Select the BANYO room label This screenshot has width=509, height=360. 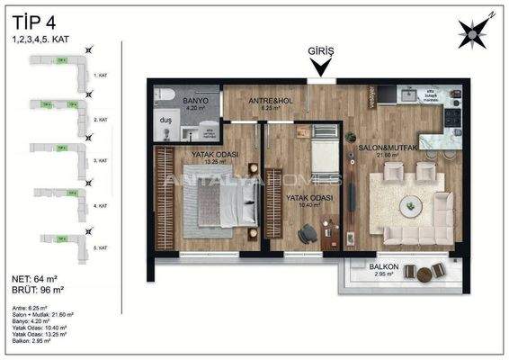[x=196, y=101]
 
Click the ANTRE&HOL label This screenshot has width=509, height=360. [x=265, y=99]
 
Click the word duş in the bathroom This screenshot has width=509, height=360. [x=165, y=120]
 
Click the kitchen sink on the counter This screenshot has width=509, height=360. [x=407, y=94]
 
